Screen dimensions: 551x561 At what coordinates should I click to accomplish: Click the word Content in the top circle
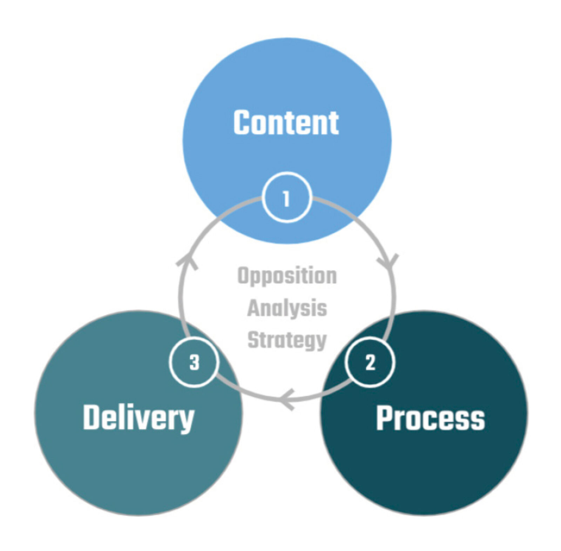pos(286,122)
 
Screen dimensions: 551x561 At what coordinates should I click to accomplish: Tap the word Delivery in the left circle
pos(138,418)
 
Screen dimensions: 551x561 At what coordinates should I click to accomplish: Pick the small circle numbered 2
pos(370,362)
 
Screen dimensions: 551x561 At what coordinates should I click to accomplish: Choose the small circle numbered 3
pos(194,362)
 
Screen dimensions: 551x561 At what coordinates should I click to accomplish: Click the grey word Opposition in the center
pos(287,276)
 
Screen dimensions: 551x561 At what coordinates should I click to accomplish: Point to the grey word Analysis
pos(287,308)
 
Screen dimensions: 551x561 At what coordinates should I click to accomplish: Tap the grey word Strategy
pos(287,340)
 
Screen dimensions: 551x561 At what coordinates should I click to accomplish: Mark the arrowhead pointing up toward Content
pos(187,261)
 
